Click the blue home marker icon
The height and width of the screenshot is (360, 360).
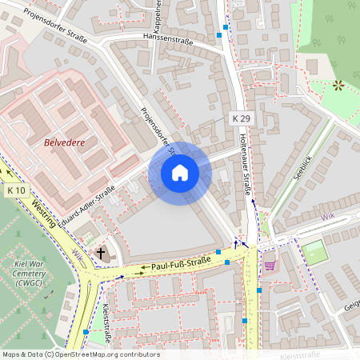pos(180,173)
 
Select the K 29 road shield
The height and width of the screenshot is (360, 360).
pos(241,118)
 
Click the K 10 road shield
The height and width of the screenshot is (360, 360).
pos(16,190)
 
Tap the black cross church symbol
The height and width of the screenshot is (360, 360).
pos(101,254)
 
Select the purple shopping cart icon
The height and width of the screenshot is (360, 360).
pos(270,265)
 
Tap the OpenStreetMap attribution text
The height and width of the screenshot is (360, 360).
pos(81,354)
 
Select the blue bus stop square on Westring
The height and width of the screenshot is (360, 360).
pos(86,332)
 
